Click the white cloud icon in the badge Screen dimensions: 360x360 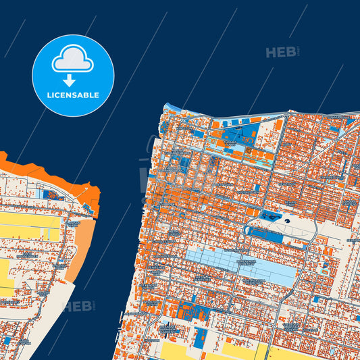73,59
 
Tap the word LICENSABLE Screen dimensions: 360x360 73,95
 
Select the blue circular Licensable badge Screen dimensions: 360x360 73,75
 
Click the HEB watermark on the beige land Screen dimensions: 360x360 78,306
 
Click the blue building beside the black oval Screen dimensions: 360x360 273,216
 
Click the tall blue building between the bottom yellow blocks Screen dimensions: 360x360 199,338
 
